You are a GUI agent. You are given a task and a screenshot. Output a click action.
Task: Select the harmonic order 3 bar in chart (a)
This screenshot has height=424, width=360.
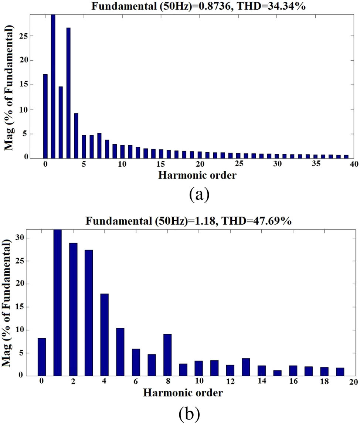[x=68, y=93]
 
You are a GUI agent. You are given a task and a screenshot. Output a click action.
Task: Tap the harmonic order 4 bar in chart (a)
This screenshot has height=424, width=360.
[x=76, y=136]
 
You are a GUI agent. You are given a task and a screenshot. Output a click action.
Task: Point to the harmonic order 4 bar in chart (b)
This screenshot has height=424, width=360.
[x=104, y=335]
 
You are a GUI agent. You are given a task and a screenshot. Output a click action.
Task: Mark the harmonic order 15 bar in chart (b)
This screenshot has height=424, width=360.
[x=277, y=373]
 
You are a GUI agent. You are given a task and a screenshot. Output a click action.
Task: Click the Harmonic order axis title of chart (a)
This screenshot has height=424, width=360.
[x=197, y=175]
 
